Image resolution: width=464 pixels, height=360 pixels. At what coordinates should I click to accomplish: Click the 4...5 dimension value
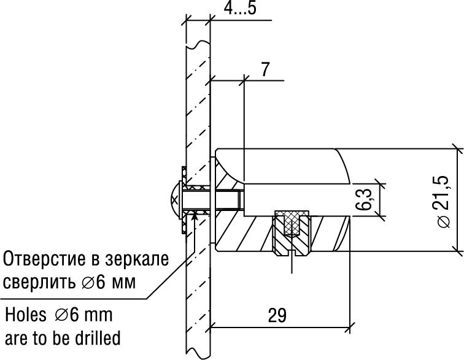240,8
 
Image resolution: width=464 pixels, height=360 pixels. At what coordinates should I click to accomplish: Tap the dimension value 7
265,69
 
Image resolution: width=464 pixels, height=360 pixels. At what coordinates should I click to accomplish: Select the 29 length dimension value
277,315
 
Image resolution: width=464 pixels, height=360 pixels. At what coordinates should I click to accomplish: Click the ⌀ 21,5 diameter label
443,202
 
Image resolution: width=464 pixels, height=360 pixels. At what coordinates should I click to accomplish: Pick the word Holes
26,315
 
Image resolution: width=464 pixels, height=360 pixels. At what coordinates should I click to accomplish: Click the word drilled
97,337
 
